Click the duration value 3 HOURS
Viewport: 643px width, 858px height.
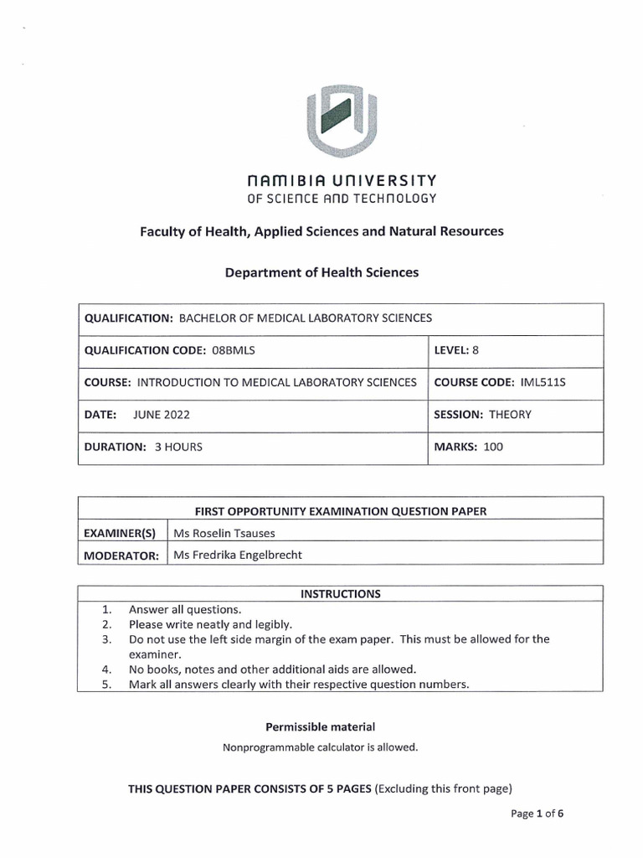click(178, 447)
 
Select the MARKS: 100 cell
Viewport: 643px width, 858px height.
click(468, 447)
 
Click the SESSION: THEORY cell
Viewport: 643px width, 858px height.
click(482, 414)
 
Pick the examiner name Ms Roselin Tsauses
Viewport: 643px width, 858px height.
click(224, 533)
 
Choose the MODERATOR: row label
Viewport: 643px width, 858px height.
click(121, 556)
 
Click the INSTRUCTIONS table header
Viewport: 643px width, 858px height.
click(340, 594)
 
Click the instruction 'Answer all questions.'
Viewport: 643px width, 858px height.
click(185, 609)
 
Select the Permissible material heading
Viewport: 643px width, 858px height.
click(320, 726)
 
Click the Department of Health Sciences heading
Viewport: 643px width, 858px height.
click(321, 272)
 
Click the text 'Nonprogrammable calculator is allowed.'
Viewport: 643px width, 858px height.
click(320, 747)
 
